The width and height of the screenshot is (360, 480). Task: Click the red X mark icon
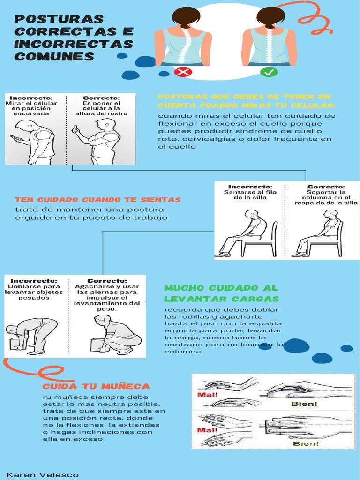(183, 72)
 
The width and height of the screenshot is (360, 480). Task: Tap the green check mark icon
(270, 72)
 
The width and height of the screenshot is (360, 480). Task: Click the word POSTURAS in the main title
(59, 19)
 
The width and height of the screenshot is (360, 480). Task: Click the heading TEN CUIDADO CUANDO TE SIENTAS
(97, 200)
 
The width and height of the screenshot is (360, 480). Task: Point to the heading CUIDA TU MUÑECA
(96, 386)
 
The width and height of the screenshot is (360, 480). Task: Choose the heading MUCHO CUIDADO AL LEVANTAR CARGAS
(221, 293)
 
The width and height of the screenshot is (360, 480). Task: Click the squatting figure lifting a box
(115, 335)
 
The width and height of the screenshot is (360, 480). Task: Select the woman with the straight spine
(270, 37)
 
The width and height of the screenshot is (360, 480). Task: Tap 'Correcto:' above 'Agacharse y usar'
(107, 281)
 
